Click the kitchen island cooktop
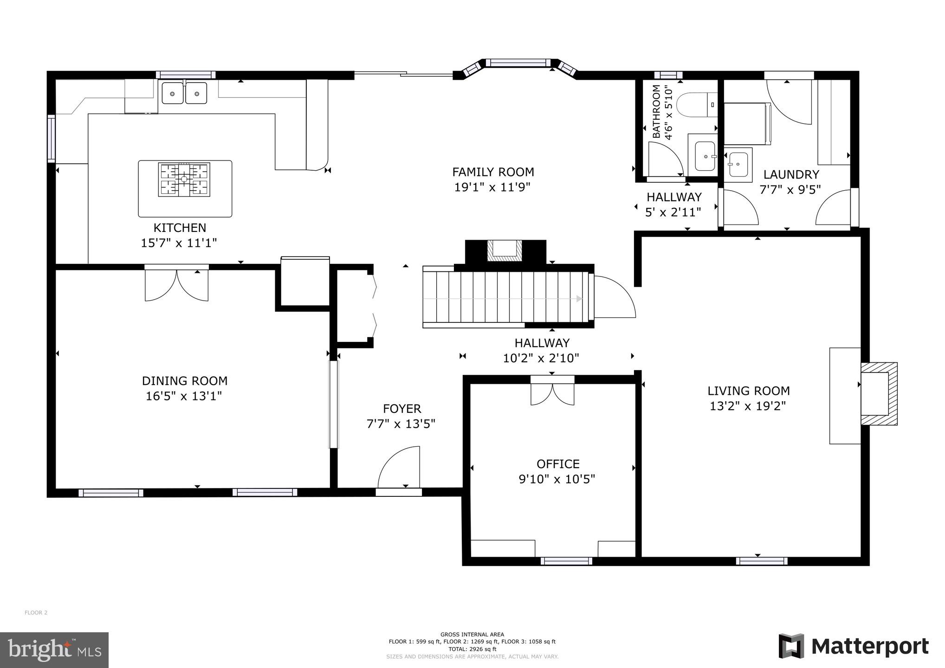pos(184,180)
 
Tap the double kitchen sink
pos(184,93)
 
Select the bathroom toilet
pos(694,105)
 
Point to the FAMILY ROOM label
pos(493,172)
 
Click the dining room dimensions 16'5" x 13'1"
pos(184,396)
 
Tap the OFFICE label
pos(558,464)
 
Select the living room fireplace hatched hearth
pos(880,393)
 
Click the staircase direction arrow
pos(578,299)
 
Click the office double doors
pos(552,392)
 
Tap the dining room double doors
pos(176,284)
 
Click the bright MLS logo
pos(54,650)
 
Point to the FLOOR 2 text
pos(36,613)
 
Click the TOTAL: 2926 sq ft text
pos(472,649)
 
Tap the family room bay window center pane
pos(518,62)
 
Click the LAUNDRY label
pos(791,175)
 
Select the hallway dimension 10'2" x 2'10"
pos(541,358)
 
